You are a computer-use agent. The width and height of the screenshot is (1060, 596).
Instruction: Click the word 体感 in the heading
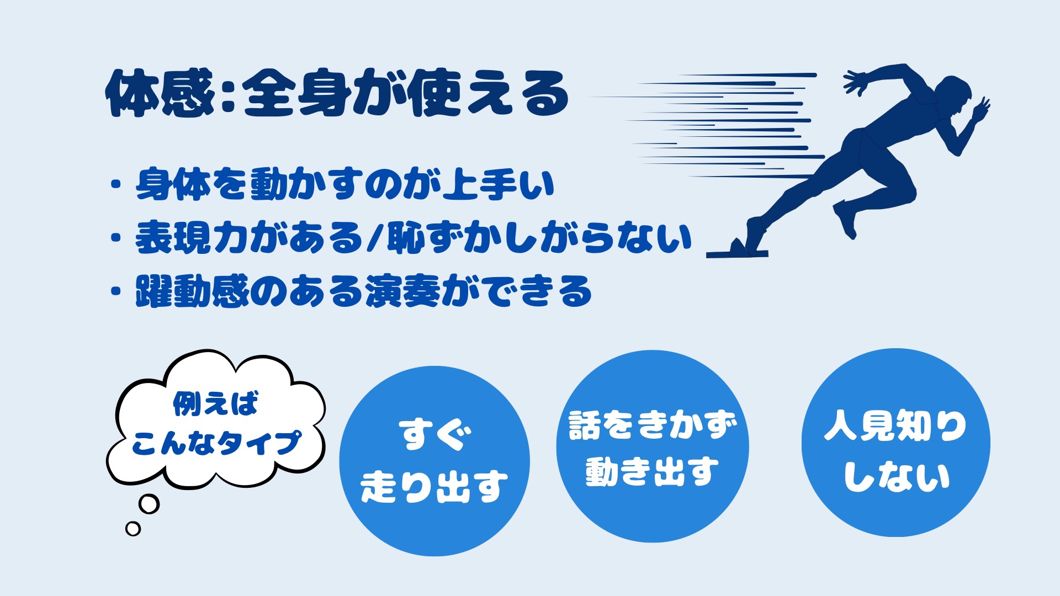click(x=160, y=94)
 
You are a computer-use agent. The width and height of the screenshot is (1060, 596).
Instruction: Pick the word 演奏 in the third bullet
click(x=402, y=291)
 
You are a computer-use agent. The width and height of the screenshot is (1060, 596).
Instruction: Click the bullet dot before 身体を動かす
click(x=116, y=184)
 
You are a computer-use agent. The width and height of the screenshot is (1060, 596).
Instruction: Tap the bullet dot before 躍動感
click(x=116, y=291)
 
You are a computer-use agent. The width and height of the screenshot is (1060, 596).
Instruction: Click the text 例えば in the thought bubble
click(x=216, y=403)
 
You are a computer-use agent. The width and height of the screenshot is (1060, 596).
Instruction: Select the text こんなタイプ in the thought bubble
click(x=216, y=443)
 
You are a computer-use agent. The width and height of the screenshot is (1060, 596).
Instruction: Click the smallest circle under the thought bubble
click(x=133, y=529)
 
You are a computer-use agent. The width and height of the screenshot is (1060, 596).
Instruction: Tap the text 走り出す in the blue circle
click(x=434, y=486)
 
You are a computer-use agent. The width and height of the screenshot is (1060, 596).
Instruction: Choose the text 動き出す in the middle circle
click(x=653, y=472)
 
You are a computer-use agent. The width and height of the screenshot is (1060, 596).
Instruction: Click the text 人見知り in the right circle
click(x=895, y=425)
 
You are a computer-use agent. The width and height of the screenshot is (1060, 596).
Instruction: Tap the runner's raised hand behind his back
click(x=856, y=82)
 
